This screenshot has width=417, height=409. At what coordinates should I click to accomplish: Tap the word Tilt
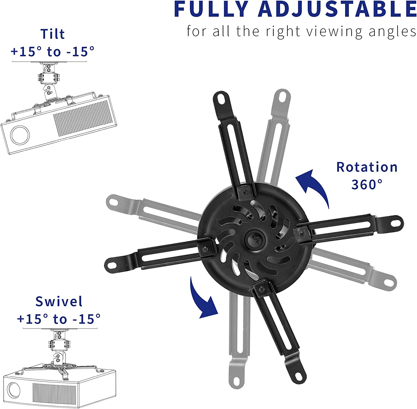[x=53, y=34]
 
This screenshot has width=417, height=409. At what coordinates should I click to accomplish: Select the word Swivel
[x=59, y=301]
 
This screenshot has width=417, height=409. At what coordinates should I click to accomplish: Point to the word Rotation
[x=367, y=167]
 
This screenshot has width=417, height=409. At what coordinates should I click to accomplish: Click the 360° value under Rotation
[x=367, y=184]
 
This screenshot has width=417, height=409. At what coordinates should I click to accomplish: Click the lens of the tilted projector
[x=20, y=135]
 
